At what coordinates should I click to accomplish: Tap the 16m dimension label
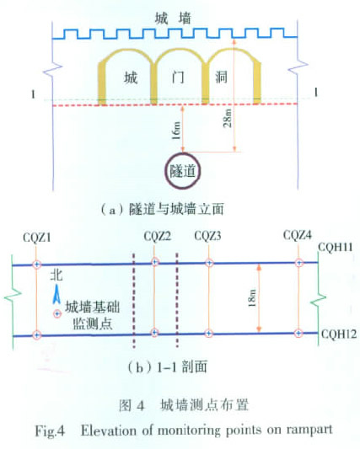(176, 131)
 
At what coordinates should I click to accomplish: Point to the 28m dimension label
(228, 118)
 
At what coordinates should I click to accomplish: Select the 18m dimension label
(252, 298)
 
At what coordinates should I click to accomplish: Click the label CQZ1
(37, 238)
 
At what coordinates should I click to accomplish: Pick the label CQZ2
(158, 237)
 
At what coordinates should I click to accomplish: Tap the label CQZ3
(207, 236)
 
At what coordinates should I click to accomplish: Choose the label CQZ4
(298, 235)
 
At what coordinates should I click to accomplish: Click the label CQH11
(336, 247)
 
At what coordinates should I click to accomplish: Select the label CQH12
(339, 334)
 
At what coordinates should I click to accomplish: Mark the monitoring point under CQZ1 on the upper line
(36, 265)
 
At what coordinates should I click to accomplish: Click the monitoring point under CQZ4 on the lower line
(298, 333)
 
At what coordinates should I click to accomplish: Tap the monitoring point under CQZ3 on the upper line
(209, 263)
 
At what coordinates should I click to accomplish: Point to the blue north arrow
(56, 294)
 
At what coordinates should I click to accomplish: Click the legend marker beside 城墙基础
(57, 314)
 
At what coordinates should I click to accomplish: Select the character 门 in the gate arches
(178, 78)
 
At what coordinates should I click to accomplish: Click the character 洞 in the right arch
(222, 77)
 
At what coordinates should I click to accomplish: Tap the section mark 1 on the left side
(34, 94)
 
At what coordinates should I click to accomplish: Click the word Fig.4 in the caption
(50, 431)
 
